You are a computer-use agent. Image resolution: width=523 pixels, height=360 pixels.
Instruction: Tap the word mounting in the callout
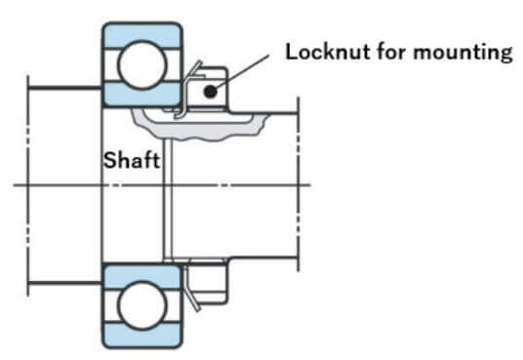click(x=463, y=54)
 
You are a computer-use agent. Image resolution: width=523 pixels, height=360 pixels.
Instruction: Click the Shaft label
click(x=132, y=160)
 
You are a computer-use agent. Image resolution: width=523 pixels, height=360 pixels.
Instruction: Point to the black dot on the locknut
click(x=210, y=91)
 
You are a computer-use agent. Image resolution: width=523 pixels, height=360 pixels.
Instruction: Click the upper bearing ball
click(x=142, y=65)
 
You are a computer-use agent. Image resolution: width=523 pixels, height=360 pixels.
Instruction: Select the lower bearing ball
click(x=142, y=305)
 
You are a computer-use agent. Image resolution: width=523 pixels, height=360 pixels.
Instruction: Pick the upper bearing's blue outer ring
click(x=142, y=33)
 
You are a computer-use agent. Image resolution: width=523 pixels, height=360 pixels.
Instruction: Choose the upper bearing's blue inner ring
click(x=142, y=94)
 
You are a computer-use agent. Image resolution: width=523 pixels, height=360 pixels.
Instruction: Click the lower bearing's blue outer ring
click(x=142, y=336)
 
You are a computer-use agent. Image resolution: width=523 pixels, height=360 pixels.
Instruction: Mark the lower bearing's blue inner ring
click(x=142, y=276)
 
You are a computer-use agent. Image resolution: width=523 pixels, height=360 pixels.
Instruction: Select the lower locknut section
click(x=208, y=283)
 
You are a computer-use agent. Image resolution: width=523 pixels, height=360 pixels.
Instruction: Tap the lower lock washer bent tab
click(x=191, y=289)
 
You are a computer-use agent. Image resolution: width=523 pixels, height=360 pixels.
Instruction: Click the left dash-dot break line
click(x=28, y=185)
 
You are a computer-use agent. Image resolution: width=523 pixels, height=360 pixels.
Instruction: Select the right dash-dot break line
click(x=298, y=184)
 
